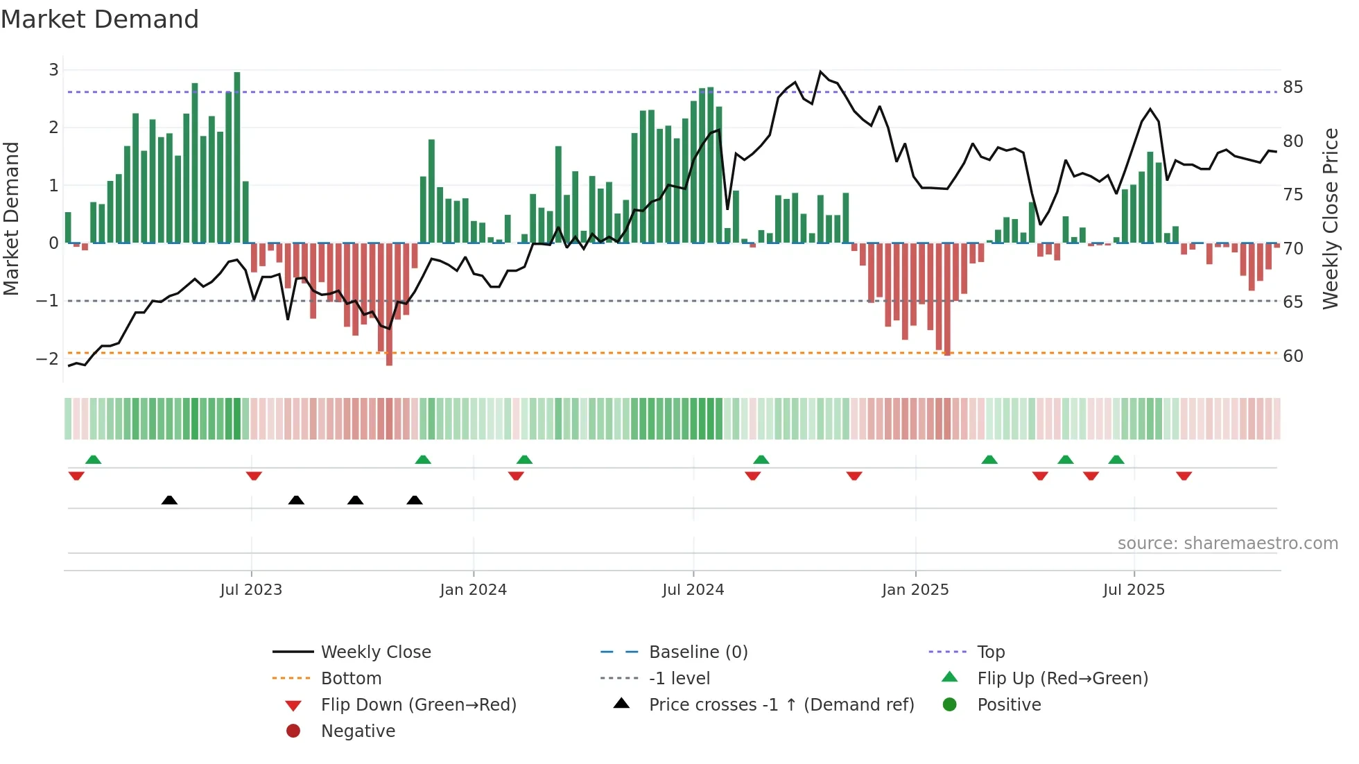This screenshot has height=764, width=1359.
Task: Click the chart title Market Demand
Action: [x=100, y=19]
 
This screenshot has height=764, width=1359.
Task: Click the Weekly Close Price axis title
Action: [x=1330, y=218]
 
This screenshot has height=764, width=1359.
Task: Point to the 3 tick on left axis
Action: [x=53, y=69]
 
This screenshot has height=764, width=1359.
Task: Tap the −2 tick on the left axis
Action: [x=47, y=358]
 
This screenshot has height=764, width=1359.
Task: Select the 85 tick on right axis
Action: [x=1292, y=87]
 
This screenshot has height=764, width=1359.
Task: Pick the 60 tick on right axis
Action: [x=1292, y=356]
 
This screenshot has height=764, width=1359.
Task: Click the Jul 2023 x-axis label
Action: [x=251, y=590]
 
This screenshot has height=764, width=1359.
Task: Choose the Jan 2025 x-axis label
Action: [x=915, y=590]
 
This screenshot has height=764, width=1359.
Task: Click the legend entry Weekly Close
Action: [x=376, y=652]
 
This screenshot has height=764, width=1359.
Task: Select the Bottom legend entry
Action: [x=351, y=679]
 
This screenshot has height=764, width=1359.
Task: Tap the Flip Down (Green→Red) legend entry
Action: [x=418, y=705]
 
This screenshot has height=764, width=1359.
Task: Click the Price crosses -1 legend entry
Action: [x=781, y=705]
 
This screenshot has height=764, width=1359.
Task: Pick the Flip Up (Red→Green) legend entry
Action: [x=1062, y=679]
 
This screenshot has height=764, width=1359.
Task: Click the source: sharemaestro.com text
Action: [x=1227, y=544]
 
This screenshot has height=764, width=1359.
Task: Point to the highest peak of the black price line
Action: [x=820, y=72]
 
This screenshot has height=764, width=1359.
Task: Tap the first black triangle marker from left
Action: [x=169, y=500]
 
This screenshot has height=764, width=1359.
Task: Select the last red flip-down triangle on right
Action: [x=1184, y=476]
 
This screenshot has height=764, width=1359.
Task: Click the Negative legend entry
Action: [x=358, y=731]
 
